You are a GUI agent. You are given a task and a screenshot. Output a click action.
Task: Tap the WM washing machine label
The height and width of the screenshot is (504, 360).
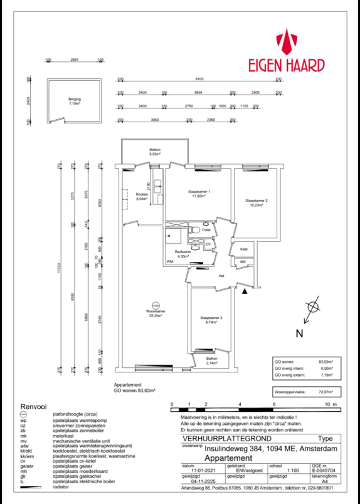(169, 261)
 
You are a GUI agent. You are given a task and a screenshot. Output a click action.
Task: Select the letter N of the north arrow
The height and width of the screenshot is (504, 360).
(299, 333)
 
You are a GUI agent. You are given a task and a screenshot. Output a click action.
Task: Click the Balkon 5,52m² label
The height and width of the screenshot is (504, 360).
(155, 151)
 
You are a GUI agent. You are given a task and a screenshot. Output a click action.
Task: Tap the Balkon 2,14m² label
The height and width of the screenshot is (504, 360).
(211, 362)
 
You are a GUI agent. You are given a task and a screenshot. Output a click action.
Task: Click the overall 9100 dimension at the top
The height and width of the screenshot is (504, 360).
(199, 80)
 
